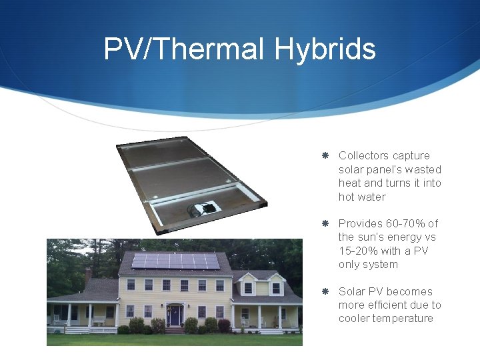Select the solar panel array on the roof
[175, 261]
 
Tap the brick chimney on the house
[88, 275]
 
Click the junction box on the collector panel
[205, 209]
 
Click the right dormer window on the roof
[276, 288]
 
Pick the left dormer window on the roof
[248, 288]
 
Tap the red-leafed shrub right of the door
[224, 325]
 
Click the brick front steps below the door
[175, 330]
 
